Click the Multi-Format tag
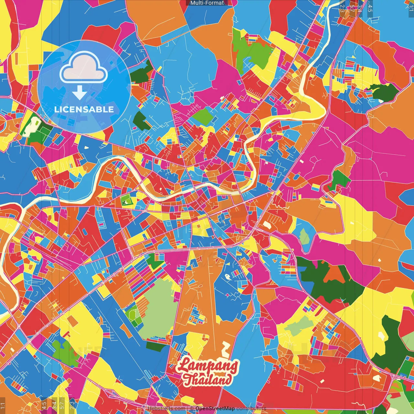point(207,3)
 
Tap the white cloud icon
point(84,69)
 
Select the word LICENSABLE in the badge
point(84,109)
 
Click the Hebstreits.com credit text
point(166,409)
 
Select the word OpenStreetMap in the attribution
point(215,409)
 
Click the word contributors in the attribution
point(251,409)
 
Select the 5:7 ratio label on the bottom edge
point(62,405)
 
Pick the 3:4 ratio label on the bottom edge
point(54,405)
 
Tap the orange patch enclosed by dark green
point(335,275)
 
